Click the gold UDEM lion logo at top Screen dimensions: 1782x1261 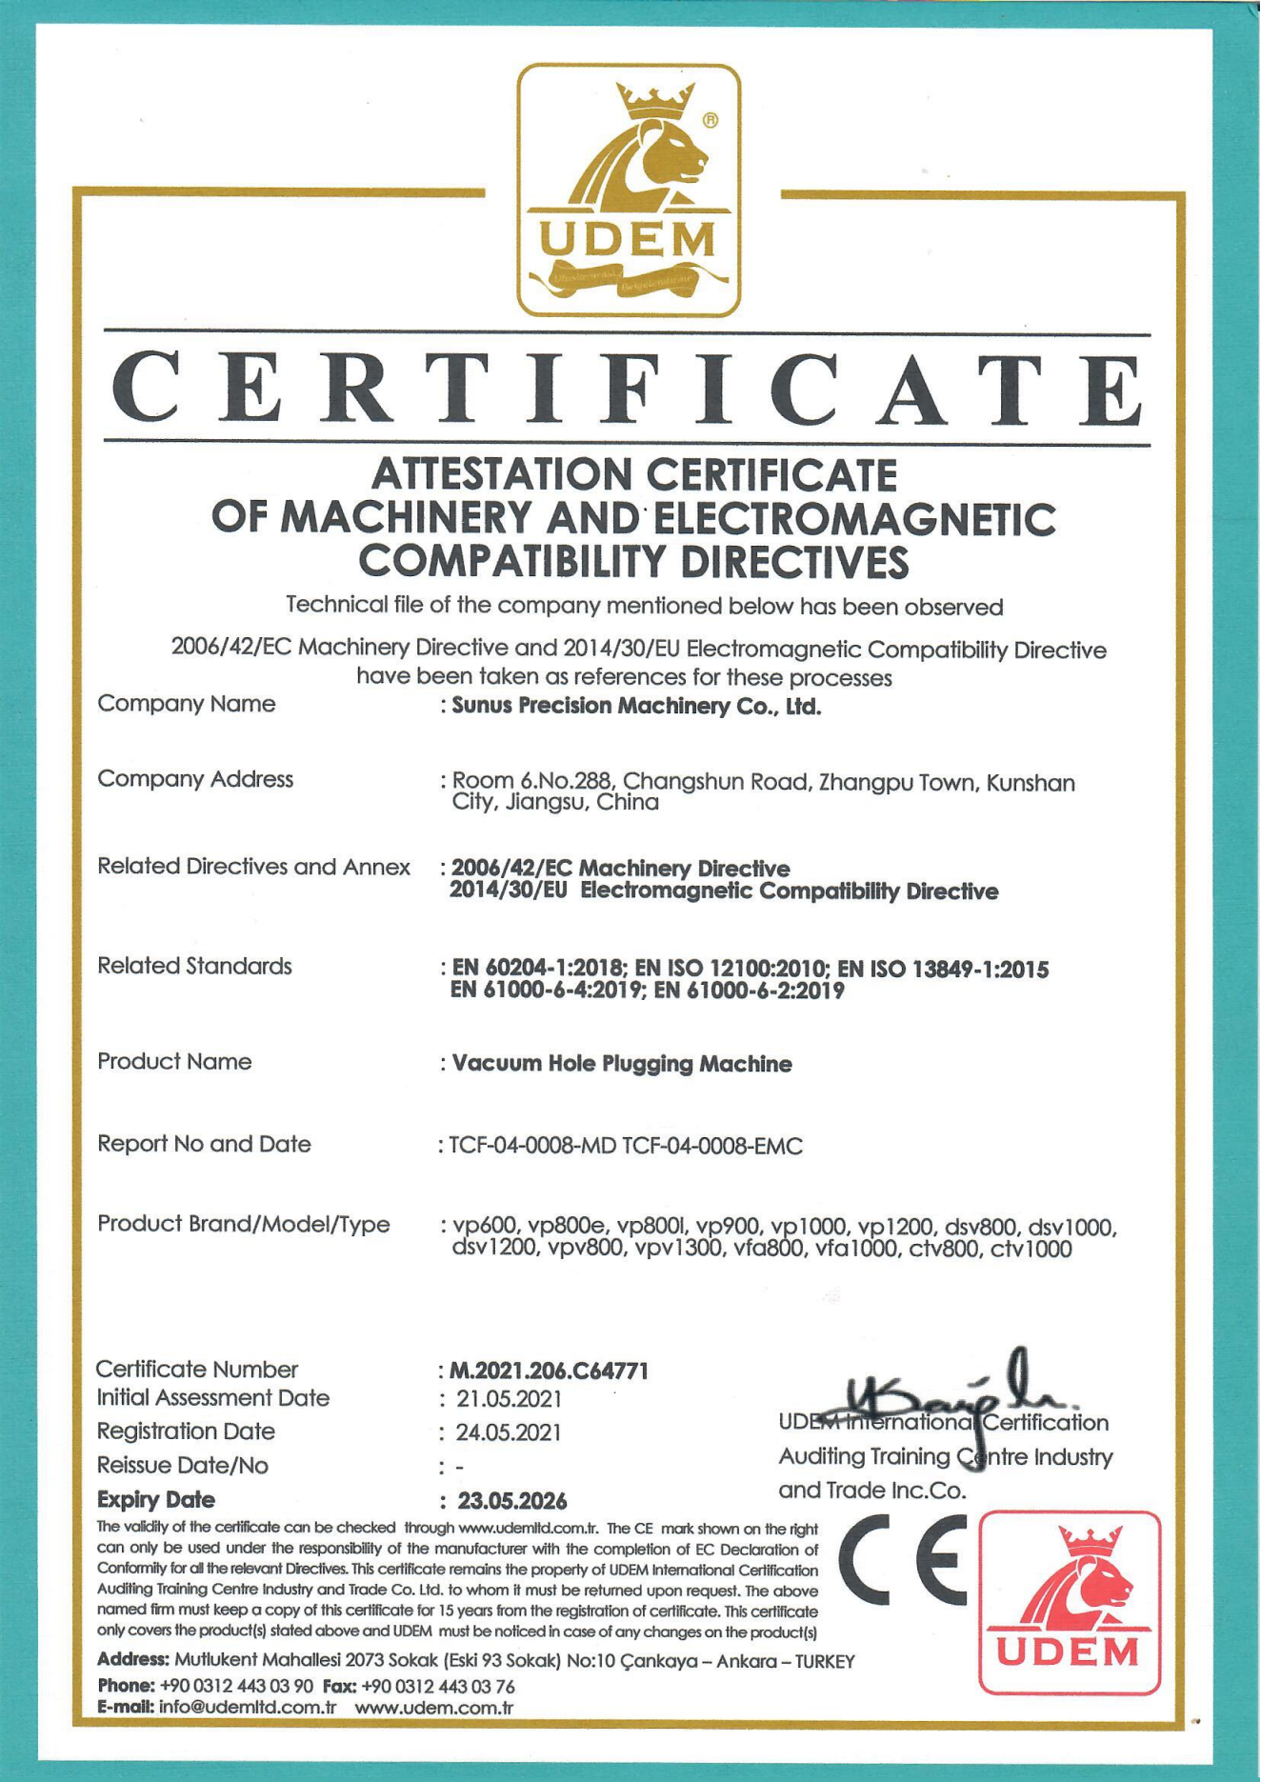pos(629,190)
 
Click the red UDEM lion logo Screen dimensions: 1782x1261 pos(1070,1602)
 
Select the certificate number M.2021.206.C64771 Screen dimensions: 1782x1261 pos(549,1371)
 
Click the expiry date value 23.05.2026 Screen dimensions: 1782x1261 pos(512,1501)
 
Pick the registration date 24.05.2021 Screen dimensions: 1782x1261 pos(509,1432)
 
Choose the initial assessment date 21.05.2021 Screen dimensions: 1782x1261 pos(509,1399)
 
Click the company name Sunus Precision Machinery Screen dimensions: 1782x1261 pos(635,706)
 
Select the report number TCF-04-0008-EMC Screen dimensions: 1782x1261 pos(712,1146)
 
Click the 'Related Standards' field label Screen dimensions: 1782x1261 pos(194,966)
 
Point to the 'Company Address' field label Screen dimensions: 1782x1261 pos(195,779)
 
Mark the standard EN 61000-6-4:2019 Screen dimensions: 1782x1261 pos(539,991)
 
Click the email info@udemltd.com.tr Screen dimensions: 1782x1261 pos(248,1706)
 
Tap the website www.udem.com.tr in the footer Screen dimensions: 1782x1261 pos(434,1706)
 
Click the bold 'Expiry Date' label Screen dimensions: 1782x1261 pos(156,1500)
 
